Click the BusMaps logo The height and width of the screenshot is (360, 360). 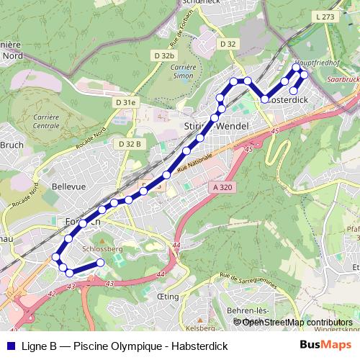click(x=325, y=345)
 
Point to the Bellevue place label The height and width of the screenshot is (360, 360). click(x=69, y=186)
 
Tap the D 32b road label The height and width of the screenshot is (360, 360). click(x=163, y=55)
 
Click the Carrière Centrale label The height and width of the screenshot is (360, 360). click(x=46, y=120)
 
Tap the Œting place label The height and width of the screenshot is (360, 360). click(x=167, y=295)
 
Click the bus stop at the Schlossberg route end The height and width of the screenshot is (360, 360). click(x=100, y=264)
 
